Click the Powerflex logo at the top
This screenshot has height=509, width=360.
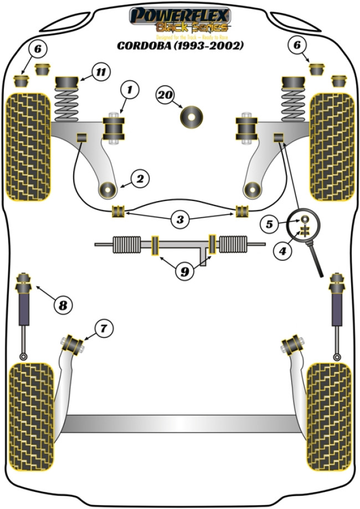[179, 20]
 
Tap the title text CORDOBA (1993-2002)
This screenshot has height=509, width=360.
[179, 45]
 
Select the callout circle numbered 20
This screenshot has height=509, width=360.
[165, 96]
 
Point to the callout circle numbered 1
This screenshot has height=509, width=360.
[130, 89]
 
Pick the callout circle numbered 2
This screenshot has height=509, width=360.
[140, 178]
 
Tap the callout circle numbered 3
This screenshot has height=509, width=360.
[179, 220]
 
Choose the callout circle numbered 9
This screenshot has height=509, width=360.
[184, 271]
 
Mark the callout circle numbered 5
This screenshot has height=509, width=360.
[269, 225]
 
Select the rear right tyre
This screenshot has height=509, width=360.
[328, 415]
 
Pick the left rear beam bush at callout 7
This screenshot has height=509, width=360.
[74, 344]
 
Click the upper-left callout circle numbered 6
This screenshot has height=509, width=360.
[37, 50]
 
